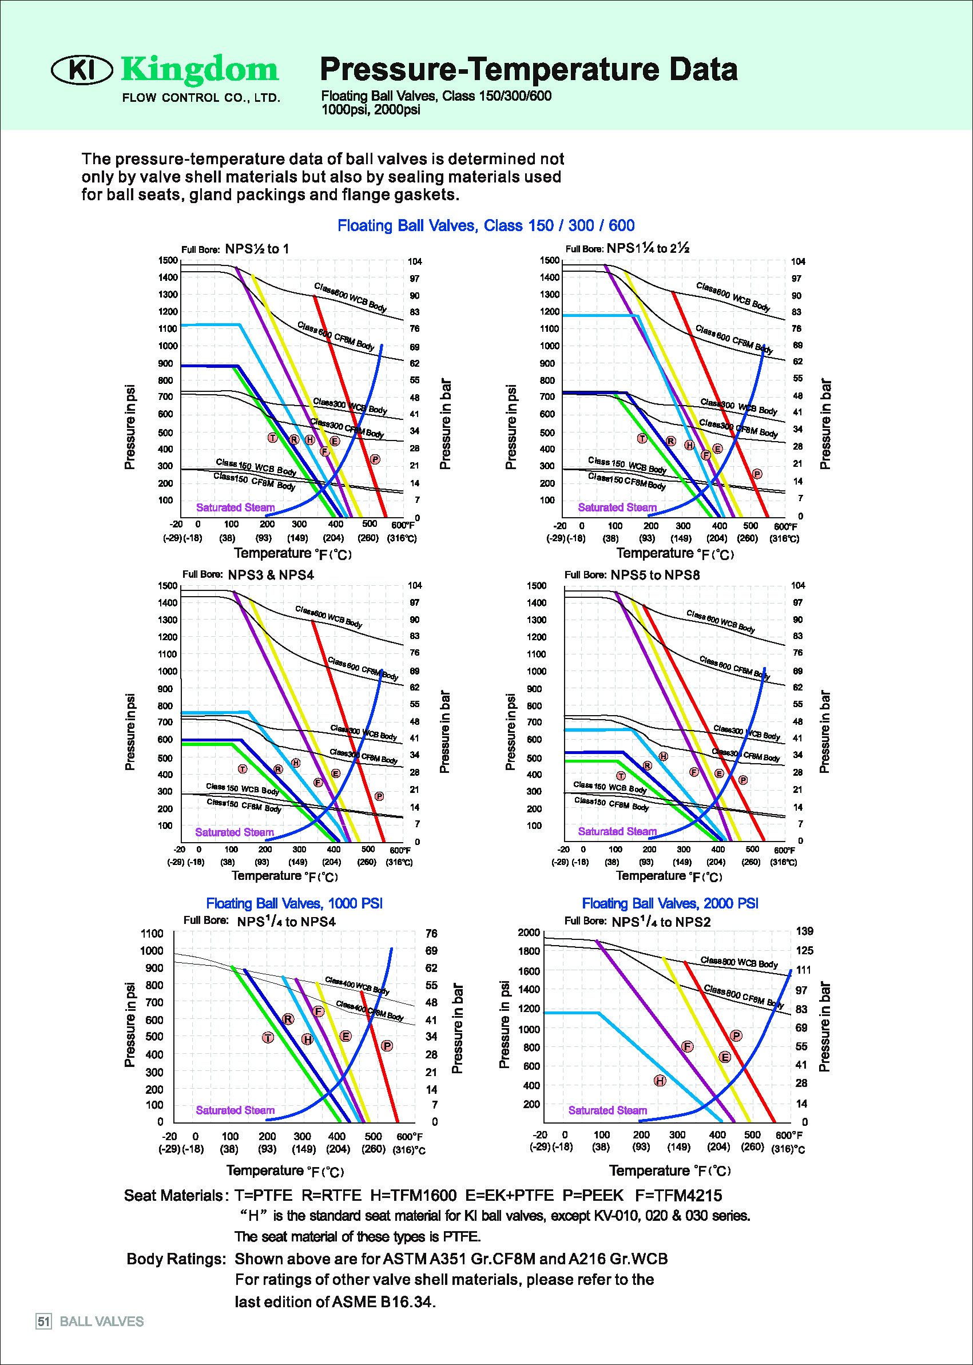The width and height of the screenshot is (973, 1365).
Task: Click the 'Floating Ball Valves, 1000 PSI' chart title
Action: tap(294, 903)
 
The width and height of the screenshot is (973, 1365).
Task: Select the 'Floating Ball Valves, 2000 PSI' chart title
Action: tap(670, 903)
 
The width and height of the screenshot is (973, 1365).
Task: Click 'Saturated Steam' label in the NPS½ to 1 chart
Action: tap(236, 507)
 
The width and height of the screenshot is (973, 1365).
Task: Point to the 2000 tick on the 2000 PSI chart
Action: tap(529, 933)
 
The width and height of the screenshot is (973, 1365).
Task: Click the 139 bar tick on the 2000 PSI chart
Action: tap(805, 931)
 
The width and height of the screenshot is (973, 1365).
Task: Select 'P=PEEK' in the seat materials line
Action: tap(593, 1196)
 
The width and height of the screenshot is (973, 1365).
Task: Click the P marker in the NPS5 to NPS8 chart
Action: tap(743, 780)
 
